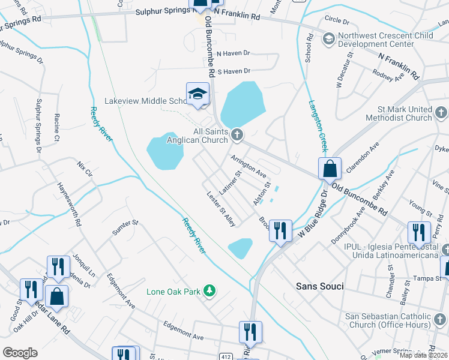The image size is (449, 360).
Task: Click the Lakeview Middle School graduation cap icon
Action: click(197, 94)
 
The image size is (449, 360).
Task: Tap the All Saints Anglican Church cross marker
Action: click(237, 134)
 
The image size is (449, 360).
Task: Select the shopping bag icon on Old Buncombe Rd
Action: click(330, 169)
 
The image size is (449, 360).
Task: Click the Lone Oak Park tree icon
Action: click(209, 292)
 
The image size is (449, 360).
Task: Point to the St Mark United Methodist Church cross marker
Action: click(440, 112)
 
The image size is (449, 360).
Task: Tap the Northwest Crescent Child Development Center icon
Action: click(328, 40)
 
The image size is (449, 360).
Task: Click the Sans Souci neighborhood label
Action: click(320, 286)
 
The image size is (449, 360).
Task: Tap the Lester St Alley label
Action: click(221, 209)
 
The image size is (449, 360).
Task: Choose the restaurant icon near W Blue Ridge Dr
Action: click(280, 231)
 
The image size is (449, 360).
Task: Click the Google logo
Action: click(20, 353)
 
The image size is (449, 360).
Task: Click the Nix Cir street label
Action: click(85, 168)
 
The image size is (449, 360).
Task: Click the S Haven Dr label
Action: click(233, 71)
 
